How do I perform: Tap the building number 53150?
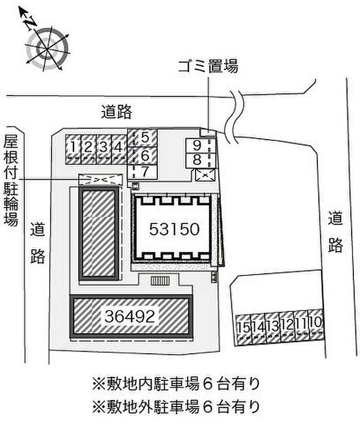tap(174, 229)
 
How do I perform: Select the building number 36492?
tap(131, 317)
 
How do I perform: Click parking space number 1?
tap(74, 148)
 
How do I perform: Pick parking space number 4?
tap(119, 148)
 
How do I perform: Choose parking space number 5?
tap(145, 137)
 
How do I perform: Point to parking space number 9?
tap(197, 145)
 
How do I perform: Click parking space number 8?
tap(197, 160)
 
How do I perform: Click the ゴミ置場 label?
tap(208, 66)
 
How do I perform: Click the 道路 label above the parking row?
tap(117, 111)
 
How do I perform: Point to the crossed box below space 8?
tap(205, 175)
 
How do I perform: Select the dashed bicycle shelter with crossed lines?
tap(101, 179)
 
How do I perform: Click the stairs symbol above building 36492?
tap(161, 280)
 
